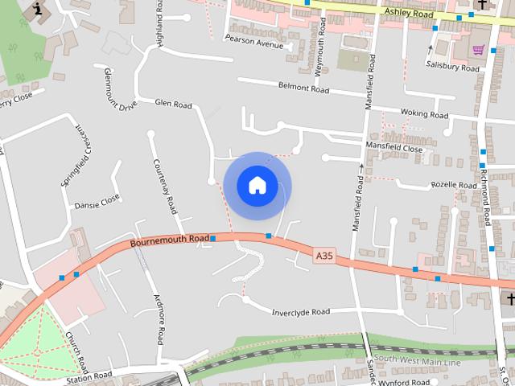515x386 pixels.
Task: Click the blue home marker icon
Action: click(257, 186)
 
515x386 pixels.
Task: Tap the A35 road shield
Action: click(323, 256)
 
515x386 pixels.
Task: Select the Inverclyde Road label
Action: click(301, 312)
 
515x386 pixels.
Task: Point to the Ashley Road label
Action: click(409, 13)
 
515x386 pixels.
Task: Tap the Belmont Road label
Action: click(303, 87)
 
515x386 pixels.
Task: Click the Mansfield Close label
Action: click(393, 149)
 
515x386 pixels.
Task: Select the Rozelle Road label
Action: click(455, 185)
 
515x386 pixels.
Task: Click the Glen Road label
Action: click(173, 105)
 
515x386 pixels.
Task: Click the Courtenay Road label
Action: click(163, 184)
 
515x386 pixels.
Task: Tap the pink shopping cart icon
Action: click(479, 50)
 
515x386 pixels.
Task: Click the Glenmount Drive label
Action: click(121, 89)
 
